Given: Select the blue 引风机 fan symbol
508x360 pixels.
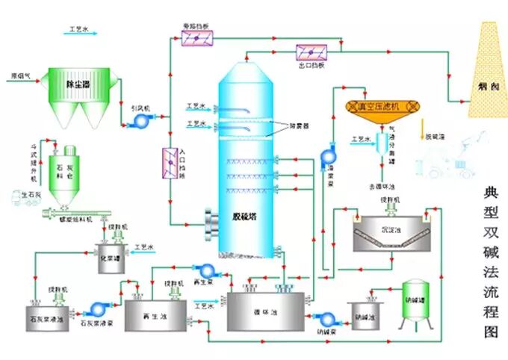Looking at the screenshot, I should tap(138, 119).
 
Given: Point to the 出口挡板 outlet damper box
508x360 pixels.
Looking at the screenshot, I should tap(311, 52).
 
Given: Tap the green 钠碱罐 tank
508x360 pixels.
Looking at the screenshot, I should tap(416, 302).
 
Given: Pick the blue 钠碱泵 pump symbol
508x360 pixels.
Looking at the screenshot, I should tap(324, 320).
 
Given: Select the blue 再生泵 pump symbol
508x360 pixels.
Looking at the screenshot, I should tap(204, 270).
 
